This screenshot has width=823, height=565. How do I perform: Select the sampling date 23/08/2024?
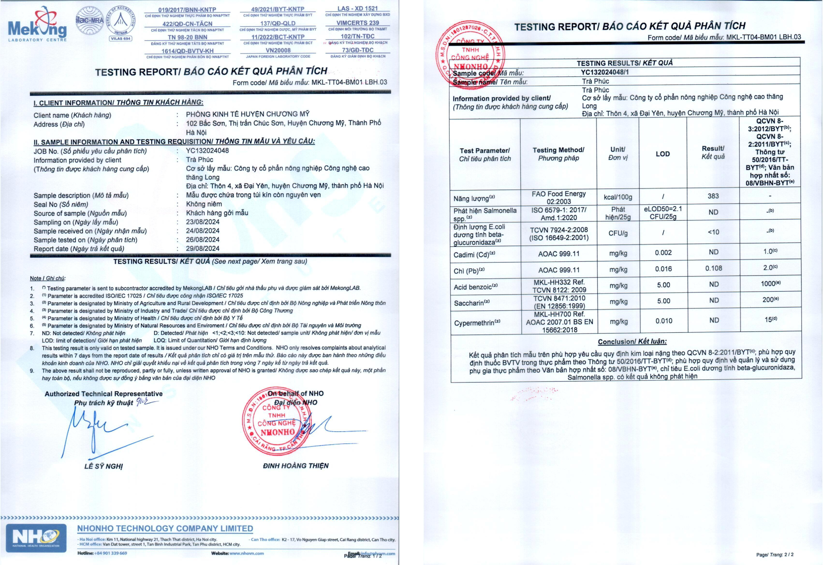[x=203, y=222]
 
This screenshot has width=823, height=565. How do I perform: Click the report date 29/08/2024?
[x=203, y=249]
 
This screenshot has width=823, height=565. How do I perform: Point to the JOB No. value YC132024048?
[x=207, y=150]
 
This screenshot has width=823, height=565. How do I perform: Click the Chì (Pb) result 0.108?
[x=713, y=268]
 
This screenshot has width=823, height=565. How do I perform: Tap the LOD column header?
[x=663, y=154]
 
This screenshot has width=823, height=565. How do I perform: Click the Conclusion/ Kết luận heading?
[x=632, y=342]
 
